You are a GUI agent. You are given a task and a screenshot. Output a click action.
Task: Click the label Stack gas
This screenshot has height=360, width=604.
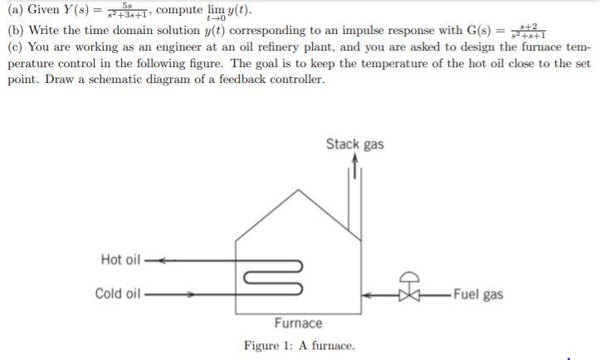point(354,144)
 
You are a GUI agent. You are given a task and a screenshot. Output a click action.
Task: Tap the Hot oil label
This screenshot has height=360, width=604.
point(120,260)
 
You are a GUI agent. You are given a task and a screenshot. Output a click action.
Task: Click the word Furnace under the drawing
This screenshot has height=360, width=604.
point(299,323)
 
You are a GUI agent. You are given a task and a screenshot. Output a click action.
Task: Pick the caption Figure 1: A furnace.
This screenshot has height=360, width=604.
point(299,345)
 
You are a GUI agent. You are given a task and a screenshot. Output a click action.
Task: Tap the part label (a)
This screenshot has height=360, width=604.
point(16,11)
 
